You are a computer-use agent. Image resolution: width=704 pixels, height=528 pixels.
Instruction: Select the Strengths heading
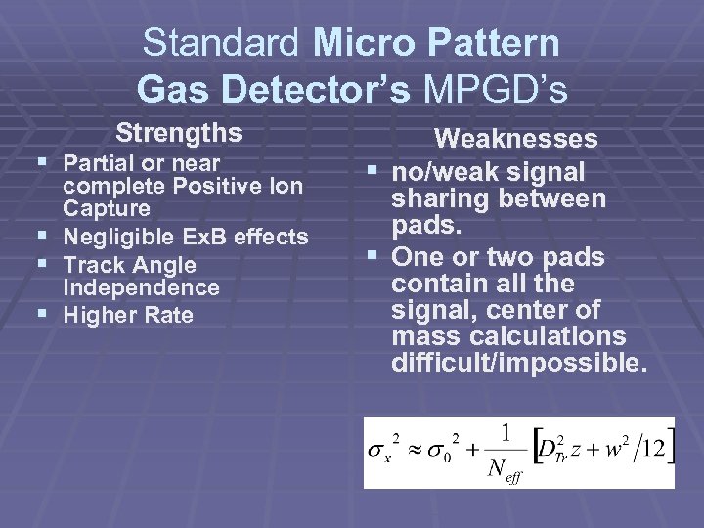(x=178, y=132)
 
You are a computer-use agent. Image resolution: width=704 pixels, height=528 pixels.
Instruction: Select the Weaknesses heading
(x=515, y=140)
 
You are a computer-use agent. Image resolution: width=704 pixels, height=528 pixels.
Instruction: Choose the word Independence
(x=141, y=288)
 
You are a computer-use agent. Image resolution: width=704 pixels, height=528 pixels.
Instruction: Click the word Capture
(x=107, y=209)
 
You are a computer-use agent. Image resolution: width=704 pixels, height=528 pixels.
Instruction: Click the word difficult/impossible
(x=518, y=365)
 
